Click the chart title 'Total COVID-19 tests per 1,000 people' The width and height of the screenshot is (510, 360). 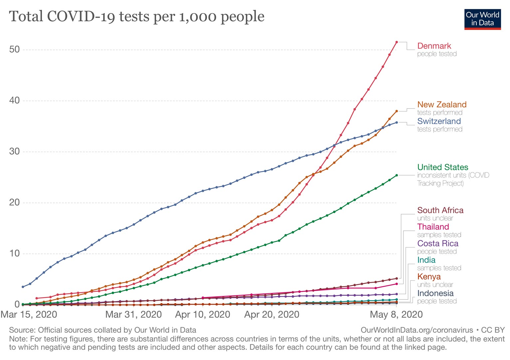pos(136,16)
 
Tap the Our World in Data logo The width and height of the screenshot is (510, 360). pos(482,19)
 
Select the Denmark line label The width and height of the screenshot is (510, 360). pos(434,46)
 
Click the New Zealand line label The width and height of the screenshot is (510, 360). pos(442,105)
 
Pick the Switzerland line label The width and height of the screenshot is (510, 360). pos(439,121)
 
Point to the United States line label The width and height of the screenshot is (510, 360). pos(442,167)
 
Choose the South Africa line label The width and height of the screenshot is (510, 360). pos(440,210)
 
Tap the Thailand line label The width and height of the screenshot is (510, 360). pos(433,227)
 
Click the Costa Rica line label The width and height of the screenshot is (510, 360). pos(438,243)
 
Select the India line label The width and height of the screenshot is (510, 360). pos(426,260)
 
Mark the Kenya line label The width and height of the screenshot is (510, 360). pos(429,277)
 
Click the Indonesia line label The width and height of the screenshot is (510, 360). pos(435,293)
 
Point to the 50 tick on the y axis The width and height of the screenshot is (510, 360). pos(15,50)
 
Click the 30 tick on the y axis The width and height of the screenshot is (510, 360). pos(15,152)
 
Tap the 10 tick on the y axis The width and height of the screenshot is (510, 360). pos(15,253)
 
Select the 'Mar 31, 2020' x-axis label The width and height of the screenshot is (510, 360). pos(133,314)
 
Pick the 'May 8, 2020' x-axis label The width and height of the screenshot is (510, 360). pos(396,314)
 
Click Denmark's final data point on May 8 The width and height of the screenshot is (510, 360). pos(396,42)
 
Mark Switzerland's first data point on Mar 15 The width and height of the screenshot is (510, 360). pos(23,287)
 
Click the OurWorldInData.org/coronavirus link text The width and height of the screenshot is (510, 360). pos(417,330)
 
